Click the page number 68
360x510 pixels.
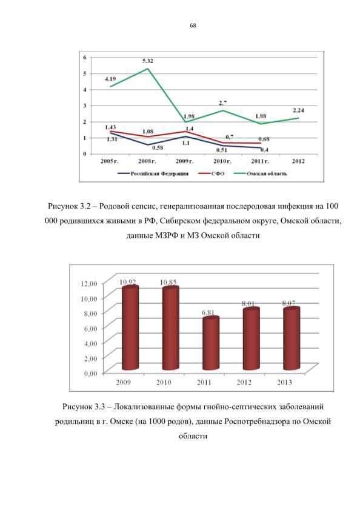tap(193, 25)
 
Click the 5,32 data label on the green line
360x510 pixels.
tap(148, 61)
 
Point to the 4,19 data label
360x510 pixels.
tap(110, 79)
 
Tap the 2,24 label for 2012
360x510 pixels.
tap(298, 110)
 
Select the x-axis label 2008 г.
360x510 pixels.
tap(147, 161)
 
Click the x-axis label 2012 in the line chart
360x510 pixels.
tap(298, 161)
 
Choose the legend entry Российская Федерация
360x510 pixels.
tap(153, 173)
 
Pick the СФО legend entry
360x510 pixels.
tap(212, 173)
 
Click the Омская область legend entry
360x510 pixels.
tap(261, 173)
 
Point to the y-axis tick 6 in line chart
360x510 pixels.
tap(85, 58)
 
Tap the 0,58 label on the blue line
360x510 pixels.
tap(158, 148)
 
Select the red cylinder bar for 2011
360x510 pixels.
tap(211, 343)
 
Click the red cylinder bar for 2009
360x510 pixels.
tap(130, 328)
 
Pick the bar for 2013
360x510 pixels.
tap(292, 338)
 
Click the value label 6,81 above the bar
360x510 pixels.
tap(208, 312)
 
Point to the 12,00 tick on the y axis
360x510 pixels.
tap(88, 284)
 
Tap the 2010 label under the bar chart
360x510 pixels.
tap(164, 382)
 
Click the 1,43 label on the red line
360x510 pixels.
tap(110, 127)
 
